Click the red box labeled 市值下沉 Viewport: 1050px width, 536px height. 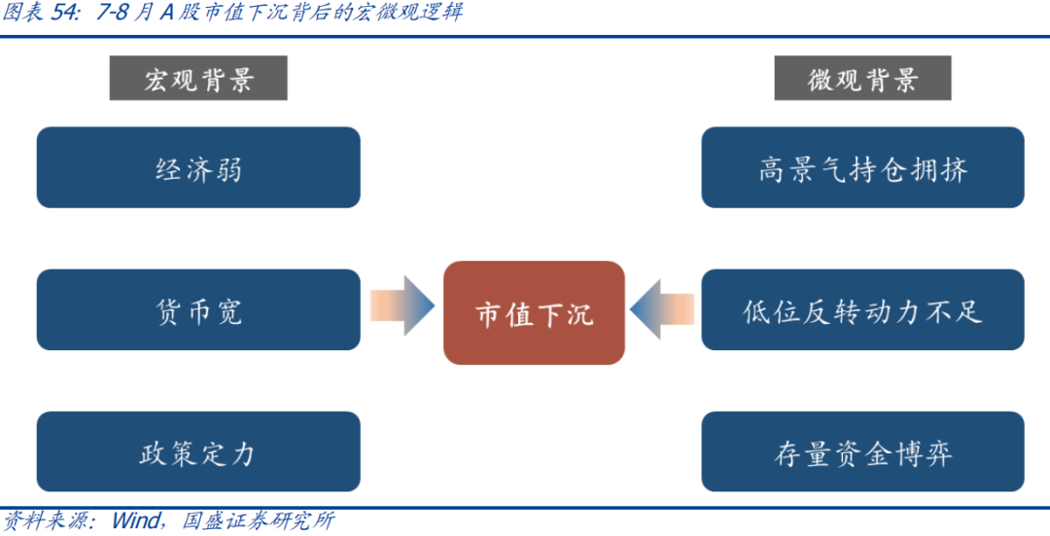click(534, 313)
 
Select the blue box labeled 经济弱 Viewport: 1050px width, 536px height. click(198, 167)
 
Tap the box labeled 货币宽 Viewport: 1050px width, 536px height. click(198, 310)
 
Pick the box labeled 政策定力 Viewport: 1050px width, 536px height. click(198, 452)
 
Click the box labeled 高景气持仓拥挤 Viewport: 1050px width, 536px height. click(862, 167)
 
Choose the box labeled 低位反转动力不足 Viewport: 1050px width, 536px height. click(862, 310)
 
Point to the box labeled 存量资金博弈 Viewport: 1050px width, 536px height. click(862, 452)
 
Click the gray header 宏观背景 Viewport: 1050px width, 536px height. click(198, 78)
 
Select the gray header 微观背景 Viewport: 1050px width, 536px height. click(862, 78)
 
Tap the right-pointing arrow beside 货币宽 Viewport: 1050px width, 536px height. click(402, 307)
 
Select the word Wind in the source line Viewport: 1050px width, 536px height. click(135, 521)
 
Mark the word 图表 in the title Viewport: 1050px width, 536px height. click(23, 13)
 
